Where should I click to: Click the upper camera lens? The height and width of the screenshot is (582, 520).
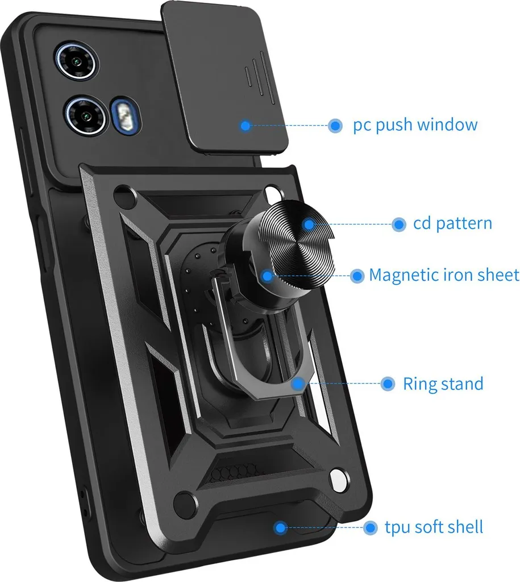[77, 61]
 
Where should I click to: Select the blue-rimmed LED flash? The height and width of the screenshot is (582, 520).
[126, 115]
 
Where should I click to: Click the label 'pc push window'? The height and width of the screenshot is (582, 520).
[415, 125]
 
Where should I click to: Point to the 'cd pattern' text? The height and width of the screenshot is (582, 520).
[452, 223]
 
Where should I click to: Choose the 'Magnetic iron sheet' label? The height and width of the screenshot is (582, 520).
[444, 275]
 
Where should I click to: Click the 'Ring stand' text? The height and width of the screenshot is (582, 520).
[443, 384]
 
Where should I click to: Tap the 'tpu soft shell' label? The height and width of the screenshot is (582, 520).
[434, 527]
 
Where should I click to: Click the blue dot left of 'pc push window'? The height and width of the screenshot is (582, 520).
[335, 126]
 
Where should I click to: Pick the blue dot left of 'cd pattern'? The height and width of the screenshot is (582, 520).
[398, 224]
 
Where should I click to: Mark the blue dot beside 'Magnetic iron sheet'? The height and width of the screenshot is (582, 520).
[357, 276]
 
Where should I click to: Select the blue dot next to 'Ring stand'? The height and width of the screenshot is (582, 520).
[388, 384]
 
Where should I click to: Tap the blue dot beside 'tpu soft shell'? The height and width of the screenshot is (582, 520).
[369, 527]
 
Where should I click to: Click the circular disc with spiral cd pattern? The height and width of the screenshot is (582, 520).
[297, 245]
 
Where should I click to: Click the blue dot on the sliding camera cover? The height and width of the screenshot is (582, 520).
[246, 126]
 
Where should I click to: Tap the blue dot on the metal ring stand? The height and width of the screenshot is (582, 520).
[298, 384]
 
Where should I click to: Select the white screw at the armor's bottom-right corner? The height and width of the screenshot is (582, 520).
[339, 480]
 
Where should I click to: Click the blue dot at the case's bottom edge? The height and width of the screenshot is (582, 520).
[280, 527]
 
